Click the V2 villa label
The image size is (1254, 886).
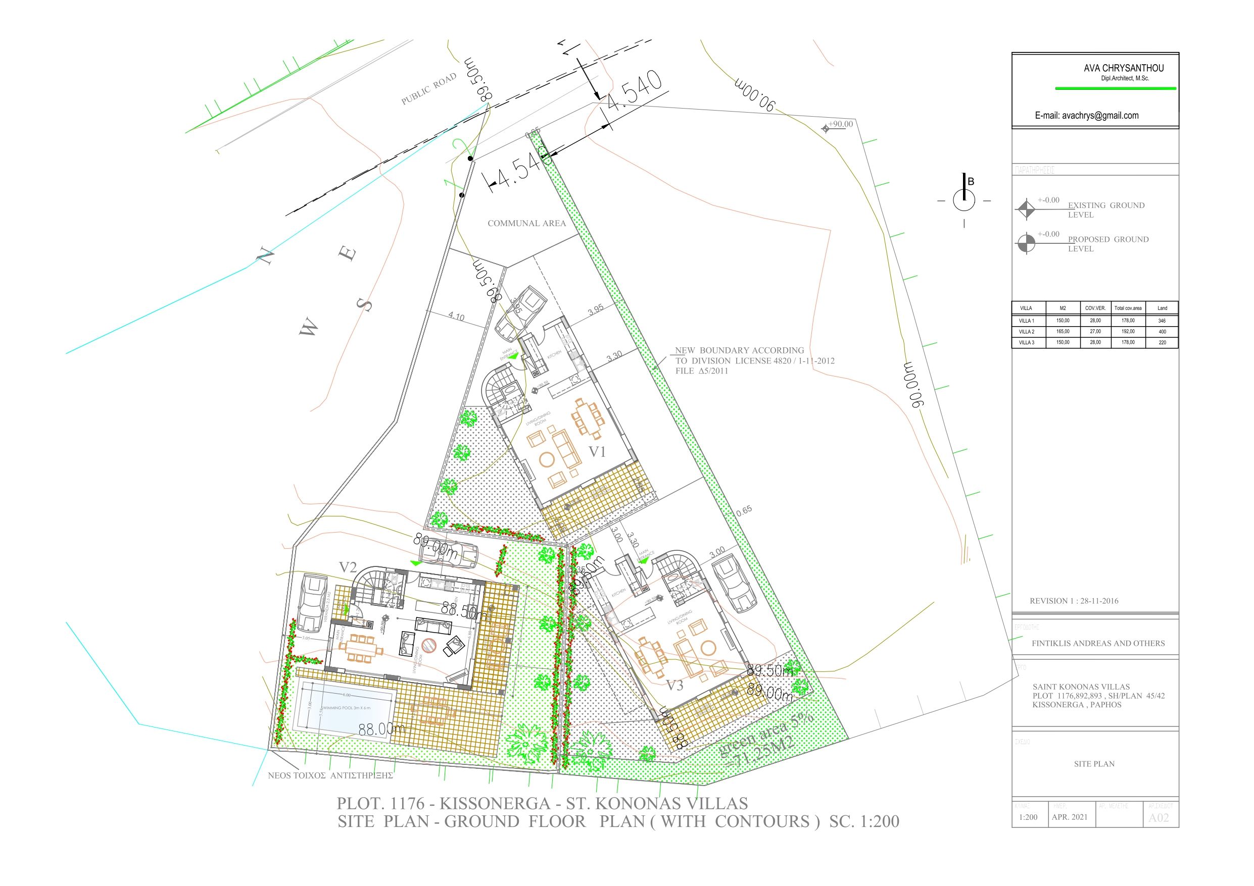(x=348, y=567)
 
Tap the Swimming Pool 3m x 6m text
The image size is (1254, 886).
(x=346, y=708)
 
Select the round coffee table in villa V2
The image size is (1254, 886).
(x=429, y=645)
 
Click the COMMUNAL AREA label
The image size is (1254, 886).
(x=526, y=223)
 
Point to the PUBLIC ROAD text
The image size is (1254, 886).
(x=429, y=88)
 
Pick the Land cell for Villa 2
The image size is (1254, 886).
(x=1162, y=331)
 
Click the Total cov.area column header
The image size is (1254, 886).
(x=1127, y=308)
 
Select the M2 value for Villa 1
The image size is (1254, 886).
(x=1063, y=321)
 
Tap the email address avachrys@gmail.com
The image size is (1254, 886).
(x=1086, y=116)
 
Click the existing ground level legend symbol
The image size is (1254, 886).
(x=1026, y=209)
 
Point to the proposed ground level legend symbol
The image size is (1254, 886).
(x=1026, y=243)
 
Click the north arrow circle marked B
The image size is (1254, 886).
(x=964, y=200)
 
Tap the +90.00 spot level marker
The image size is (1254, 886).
(x=825, y=129)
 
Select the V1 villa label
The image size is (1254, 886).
(x=597, y=452)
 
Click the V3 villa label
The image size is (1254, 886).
(x=674, y=686)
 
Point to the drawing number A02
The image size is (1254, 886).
(x=1159, y=818)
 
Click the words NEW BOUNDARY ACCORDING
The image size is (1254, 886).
(x=739, y=350)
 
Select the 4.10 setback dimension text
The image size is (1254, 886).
(x=456, y=316)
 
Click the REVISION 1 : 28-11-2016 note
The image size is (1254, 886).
(x=1073, y=601)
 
